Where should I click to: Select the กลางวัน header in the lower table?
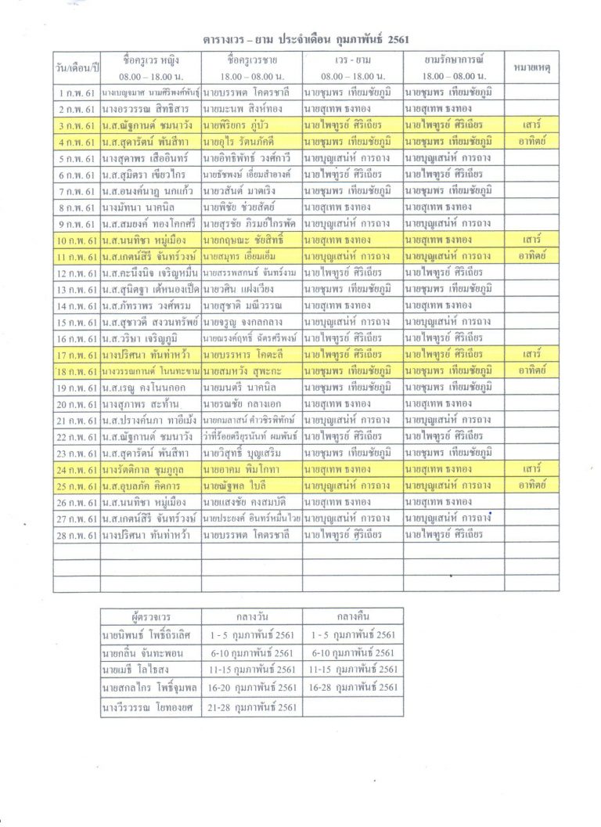pyautogui.click(x=252, y=616)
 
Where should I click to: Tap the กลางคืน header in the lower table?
pyautogui.click(x=353, y=616)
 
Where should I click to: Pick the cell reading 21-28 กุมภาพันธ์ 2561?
pyautogui.click(x=252, y=707)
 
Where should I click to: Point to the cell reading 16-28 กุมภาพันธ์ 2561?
pyautogui.click(x=353, y=688)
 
